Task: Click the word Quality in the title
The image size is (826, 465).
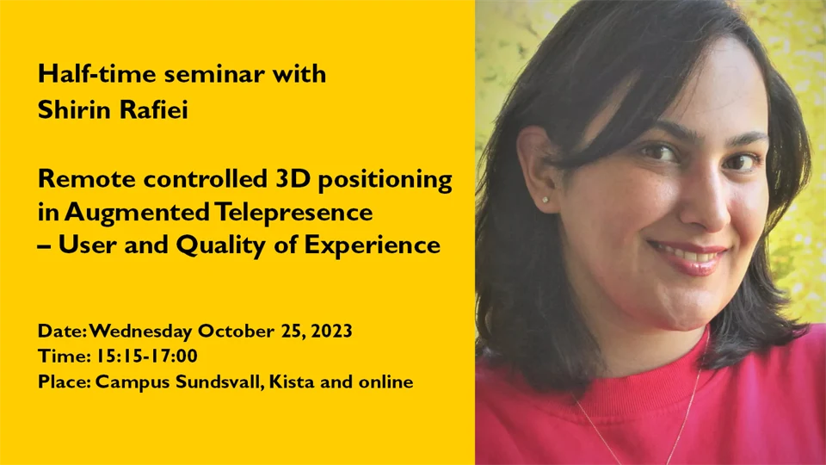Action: (220, 246)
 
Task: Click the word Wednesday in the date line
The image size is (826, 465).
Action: (141, 332)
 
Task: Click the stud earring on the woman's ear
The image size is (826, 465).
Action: (545, 200)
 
